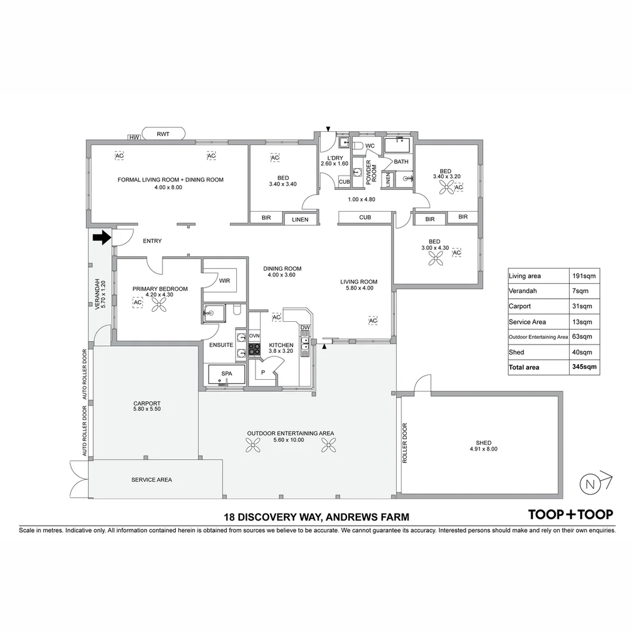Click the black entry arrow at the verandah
pos(101,237)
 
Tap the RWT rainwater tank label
pos(163,134)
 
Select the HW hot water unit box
pos(134,137)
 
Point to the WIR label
pos(224,281)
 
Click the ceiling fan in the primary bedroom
pos(158,304)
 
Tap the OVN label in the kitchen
pos(254,335)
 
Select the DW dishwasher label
pos(305,328)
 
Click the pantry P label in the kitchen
pos(263,372)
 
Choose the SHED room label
pos(484,443)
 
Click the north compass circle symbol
pos(589,484)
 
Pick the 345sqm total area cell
pos(584,367)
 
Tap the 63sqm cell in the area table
pos(584,336)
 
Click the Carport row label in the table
pos(520,306)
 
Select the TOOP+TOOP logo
pos(570,514)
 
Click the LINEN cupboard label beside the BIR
pos(300,219)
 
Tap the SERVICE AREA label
pos(151,479)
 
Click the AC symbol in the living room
pos(373,321)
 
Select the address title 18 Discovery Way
pos(316,517)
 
